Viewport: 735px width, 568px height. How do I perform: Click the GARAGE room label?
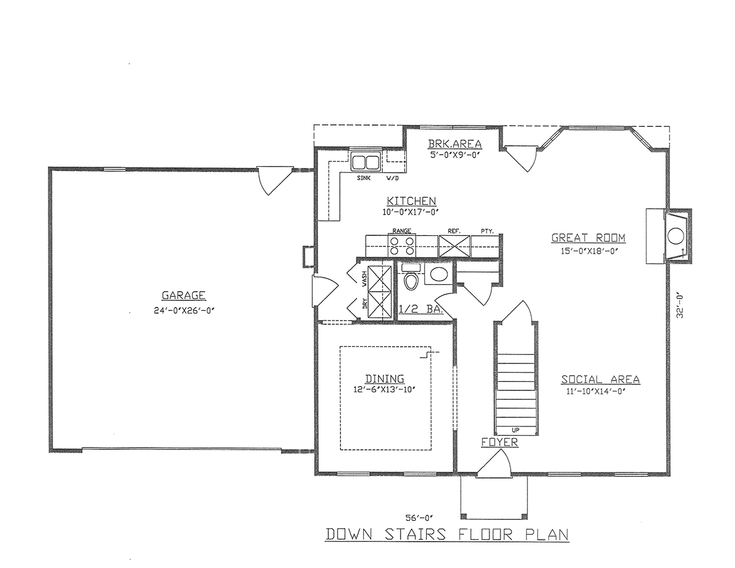coord(179,294)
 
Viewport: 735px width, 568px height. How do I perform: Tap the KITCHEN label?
coord(411,201)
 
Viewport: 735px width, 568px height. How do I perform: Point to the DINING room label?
coord(384,379)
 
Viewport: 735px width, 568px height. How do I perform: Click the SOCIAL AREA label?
coord(600,380)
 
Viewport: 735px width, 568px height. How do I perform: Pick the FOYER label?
coord(500,442)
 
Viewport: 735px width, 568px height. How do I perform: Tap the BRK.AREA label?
coord(454,144)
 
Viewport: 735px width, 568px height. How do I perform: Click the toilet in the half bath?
coord(411,281)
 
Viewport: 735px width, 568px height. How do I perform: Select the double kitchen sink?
coord(365,163)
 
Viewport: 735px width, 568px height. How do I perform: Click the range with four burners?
coord(401,245)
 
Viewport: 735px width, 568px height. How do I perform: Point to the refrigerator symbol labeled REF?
coord(454,245)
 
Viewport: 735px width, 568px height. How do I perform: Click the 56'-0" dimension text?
coord(420,516)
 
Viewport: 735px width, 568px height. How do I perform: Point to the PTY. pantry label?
coord(488,231)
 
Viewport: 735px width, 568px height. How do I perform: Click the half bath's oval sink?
coord(438,274)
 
